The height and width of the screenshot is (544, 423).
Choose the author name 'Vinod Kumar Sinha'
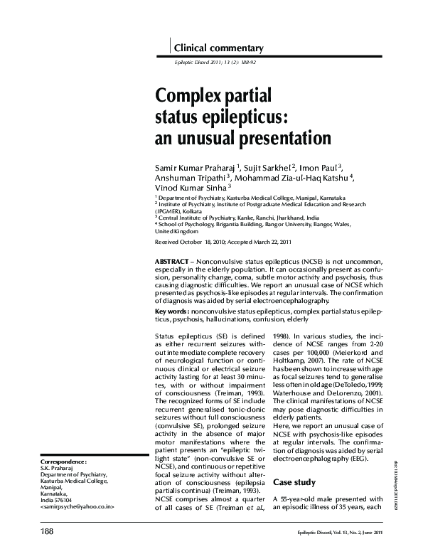(x=187, y=188)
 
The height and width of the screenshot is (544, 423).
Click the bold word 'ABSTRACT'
(x=173, y=263)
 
